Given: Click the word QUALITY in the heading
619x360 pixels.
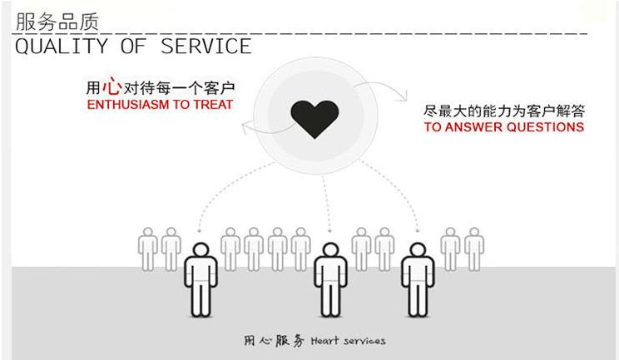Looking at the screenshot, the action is tap(62, 46).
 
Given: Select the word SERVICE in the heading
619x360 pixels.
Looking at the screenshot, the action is tap(206, 46).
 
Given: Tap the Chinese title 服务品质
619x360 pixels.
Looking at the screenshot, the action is tap(57, 22).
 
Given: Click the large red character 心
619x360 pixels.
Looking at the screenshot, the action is tap(111, 86).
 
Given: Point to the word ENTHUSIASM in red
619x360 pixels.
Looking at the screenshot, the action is tap(128, 105).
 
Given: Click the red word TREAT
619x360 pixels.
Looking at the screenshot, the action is tap(213, 105).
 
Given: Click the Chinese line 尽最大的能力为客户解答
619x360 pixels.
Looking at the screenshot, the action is tap(504, 111).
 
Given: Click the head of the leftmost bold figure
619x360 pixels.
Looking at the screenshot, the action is tap(201, 249).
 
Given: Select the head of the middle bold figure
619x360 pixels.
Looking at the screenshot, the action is tap(330, 249).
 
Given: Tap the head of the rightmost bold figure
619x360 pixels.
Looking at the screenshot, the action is tap(418, 249).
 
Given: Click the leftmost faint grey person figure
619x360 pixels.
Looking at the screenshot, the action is tap(147, 249).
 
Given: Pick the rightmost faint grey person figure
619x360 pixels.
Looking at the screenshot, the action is tap(474, 249).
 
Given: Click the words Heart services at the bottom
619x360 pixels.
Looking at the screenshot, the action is tap(348, 341).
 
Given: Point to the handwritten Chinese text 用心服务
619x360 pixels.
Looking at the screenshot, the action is tap(274, 341).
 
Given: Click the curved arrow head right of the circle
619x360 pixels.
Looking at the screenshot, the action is tap(404, 96).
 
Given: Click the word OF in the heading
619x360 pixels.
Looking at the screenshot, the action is tap(133, 46).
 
